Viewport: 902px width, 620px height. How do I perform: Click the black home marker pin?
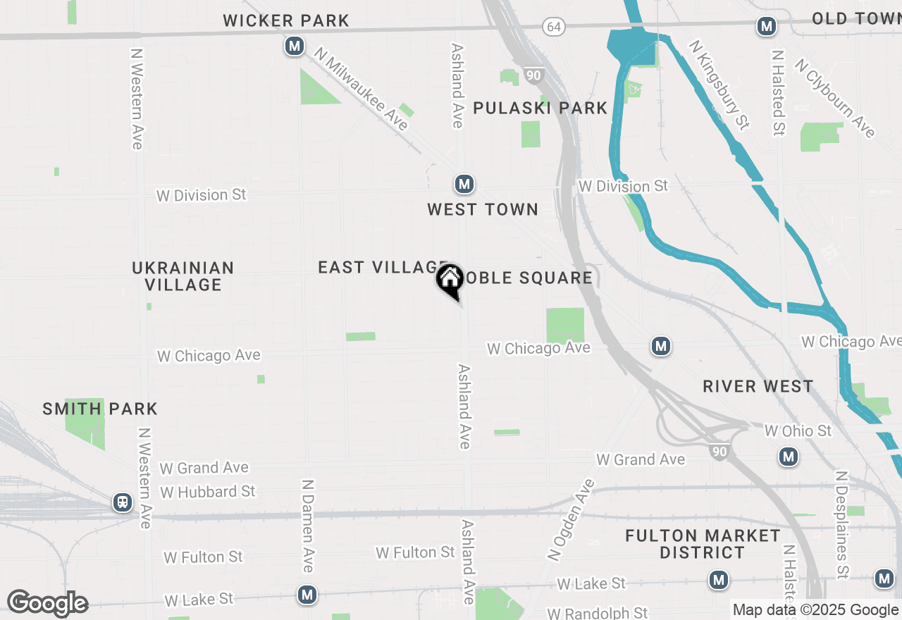(450, 280)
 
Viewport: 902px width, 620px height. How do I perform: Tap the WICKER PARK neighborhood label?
(286, 21)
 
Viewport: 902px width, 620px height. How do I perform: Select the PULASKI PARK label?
(540, 108)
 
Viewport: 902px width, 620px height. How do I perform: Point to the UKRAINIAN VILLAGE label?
(183, 276)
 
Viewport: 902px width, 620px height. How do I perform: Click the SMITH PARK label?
(100, 409)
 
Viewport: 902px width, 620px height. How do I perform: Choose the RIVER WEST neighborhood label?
(758, 386)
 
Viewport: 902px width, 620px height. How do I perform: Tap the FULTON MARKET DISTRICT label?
(703, 544)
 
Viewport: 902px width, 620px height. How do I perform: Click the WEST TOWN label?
(483, 209)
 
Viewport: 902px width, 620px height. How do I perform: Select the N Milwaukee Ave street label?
(362, 89)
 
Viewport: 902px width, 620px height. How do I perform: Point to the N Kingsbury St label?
(719, 85)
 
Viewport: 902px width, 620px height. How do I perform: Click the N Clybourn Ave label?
(835, 98)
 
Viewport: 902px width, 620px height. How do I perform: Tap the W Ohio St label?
(798, 430)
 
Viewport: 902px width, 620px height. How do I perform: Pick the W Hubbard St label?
(208, 491)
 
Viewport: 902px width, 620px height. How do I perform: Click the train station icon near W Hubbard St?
(123, 502)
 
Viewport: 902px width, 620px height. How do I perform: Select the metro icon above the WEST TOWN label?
(464, 185)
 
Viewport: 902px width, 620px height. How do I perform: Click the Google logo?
(47, 603)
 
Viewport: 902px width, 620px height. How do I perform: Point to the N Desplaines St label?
(841, 525)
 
